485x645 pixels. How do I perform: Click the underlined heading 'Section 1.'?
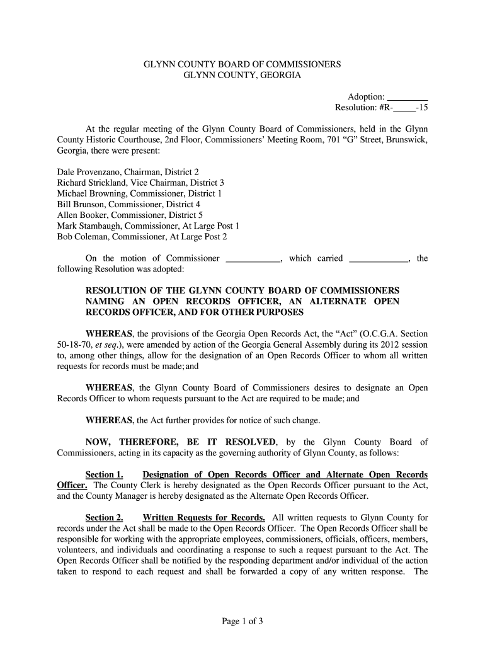click(104, 474)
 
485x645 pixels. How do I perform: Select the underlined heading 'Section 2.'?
click(104, 518)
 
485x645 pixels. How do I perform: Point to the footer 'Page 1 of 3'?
click(243, 621)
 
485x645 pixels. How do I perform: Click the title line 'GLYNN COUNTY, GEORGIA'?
click(243, 76)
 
